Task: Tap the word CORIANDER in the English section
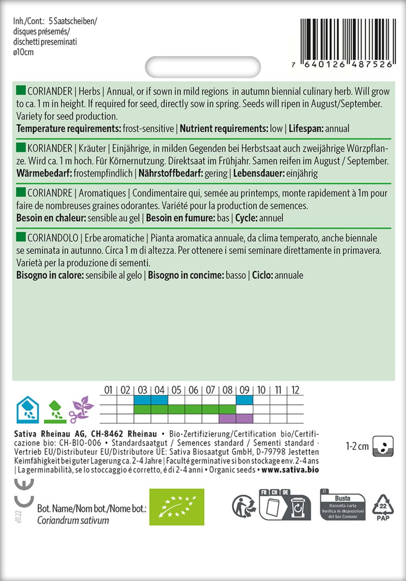[50, 91]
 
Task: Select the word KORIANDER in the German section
[50, 149]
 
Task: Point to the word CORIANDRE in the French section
[50, 193]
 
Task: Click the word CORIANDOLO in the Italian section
[53, 238]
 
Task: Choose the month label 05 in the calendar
[176, 390]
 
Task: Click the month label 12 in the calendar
[295, 390]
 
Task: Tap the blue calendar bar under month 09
[244, 400]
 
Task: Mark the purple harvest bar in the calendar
[236, 418]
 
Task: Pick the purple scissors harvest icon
[81, 409]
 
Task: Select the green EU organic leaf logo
[177, 507]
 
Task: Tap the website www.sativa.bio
[290, 470]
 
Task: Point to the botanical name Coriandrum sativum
[73, 521]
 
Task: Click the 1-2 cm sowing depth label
[357, 446]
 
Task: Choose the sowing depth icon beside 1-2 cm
[383, 446]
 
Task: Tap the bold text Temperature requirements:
[69, 129]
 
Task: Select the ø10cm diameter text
[23, 52]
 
